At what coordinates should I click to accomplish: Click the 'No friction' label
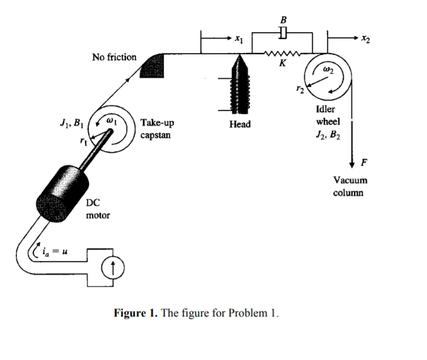114,57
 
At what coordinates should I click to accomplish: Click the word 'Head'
240,124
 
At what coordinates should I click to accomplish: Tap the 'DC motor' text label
98,210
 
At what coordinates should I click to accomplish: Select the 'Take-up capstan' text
157,129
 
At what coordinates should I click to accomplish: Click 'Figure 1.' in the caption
137,314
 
